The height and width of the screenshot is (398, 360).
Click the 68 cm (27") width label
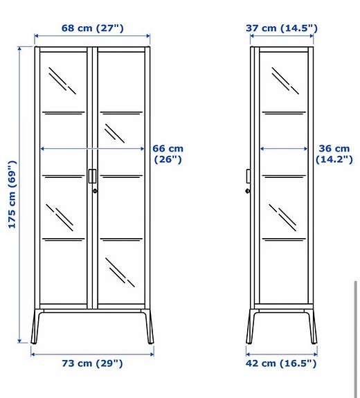point(92,28)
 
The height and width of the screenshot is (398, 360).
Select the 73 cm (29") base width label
point(91,363)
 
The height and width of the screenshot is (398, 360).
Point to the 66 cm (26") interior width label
point(167,154)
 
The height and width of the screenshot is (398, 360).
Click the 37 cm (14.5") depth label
point(282,28)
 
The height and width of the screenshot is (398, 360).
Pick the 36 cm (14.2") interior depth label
point(333,154)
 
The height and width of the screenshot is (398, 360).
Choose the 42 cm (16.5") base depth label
point(282,363)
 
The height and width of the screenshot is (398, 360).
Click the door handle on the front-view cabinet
point(92,176)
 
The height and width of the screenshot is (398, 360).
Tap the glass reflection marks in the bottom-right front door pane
point(120,271)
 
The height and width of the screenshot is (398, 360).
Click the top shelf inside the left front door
point(64,111)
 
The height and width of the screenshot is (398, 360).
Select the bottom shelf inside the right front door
point(121,239)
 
